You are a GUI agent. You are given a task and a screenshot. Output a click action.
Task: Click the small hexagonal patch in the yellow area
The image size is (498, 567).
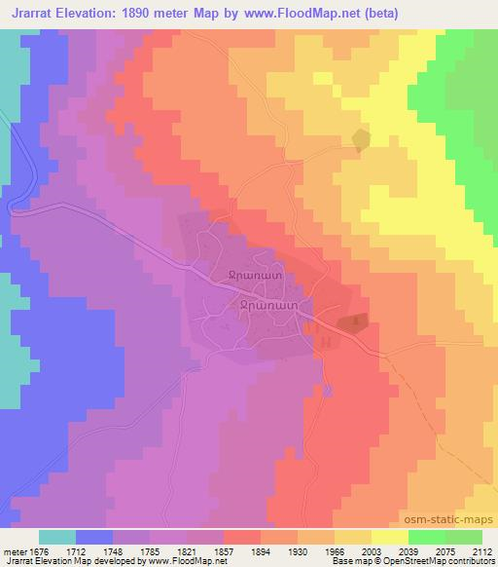click(362, 140)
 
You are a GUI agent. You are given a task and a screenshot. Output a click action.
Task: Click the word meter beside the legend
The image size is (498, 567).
click(15, 550)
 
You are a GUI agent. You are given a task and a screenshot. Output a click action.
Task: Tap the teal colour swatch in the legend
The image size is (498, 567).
click(57, 537)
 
